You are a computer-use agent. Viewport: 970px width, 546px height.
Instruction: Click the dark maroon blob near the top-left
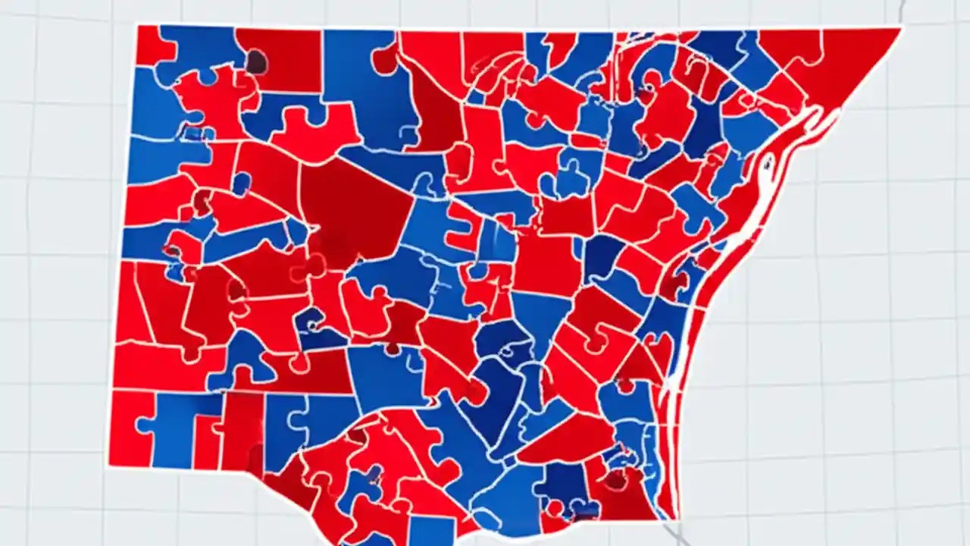tap(256, 61)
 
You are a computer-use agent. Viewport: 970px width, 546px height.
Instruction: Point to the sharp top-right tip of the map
tap(900, 30)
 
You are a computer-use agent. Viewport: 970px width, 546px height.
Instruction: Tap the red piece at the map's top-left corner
tap(152, 44)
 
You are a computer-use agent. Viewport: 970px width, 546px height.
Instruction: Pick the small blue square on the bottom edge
tap(431, 530)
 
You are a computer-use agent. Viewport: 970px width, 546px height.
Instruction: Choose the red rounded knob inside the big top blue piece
tap(386, 60)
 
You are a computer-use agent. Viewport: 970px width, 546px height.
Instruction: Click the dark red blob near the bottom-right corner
tap(615, 479)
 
